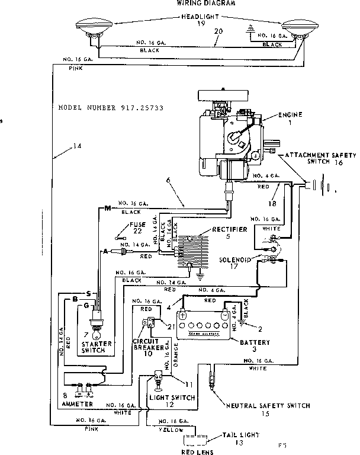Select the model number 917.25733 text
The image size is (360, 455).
(x=111, y=109)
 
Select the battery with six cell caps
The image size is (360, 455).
(x=205, y=325)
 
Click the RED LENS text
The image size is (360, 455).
(x=198, y=451)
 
